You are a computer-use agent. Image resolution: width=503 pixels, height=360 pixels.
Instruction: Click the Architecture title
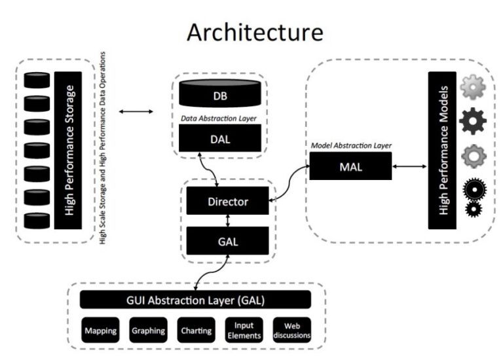(x=255, y=32)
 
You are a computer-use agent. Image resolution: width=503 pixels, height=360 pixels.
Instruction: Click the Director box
(x=227, y=201)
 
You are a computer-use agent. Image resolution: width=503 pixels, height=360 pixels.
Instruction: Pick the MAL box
(x=350, y=166)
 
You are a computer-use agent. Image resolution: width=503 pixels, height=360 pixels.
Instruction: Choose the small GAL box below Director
(x=227, y=241)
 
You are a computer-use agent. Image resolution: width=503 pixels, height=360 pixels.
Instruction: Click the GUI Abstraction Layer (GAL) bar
(x=195, y=300)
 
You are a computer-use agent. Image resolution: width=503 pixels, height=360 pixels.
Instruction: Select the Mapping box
(x=100, y=331)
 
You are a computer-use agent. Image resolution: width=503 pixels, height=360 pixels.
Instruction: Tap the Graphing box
(x=148, y=331)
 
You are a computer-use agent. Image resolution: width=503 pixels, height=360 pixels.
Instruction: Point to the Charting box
(x=196, y=331)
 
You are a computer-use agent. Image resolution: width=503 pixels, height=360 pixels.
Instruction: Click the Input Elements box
(x=244, y=331)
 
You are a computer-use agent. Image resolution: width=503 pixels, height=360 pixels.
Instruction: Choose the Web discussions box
(x=291, y=331)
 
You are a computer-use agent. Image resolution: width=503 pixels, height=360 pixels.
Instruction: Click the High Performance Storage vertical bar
(x=68, y=150)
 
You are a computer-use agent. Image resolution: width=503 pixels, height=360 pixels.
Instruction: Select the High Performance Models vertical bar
(x=441, y=150)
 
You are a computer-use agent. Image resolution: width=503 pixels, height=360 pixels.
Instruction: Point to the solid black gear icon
(x=472, y=121)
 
